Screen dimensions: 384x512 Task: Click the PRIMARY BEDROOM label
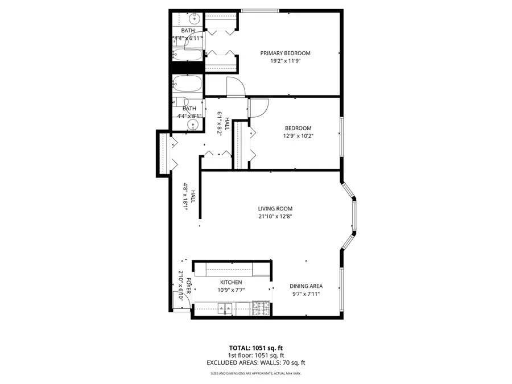pos(286,53)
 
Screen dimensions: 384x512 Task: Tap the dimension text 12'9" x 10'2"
pos(299,136)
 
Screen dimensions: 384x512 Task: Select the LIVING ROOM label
pos(275,209)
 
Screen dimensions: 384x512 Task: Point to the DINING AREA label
pos(306,286)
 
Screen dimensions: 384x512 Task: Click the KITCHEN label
pos(231,282)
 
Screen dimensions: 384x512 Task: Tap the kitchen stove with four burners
pos(261,309)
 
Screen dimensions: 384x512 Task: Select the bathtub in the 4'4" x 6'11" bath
pos(187,56)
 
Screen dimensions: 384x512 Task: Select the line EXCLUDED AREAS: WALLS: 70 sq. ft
pos(255,362)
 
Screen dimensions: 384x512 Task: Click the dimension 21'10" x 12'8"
pos(275,216)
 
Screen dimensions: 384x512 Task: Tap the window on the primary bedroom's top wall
pos(260,10)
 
